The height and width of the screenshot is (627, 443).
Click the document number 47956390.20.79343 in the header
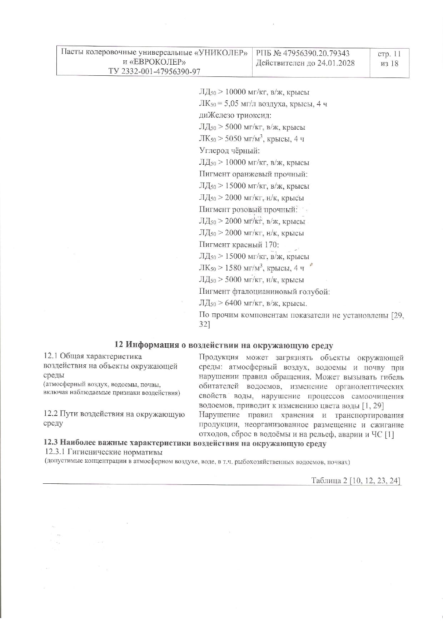pyautogui.click(x=316, y=54)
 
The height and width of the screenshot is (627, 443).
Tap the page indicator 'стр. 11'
pyautogui.click(x=389, y=54)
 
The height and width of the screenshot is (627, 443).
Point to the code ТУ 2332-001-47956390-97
pyautogui.click(x=154, y=71)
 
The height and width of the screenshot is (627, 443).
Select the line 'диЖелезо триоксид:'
pyautogui.click(x=235, y=116)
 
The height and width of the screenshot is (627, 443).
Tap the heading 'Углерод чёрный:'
pyautogui.click(x=229, y=151)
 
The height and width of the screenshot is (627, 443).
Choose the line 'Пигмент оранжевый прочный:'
pyautogui.click(x=253, y=174)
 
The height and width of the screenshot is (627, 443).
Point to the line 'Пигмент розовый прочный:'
pyautogui.click(x=248, y=210)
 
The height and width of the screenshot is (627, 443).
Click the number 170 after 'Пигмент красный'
pyautogui.click(x=271, y=245)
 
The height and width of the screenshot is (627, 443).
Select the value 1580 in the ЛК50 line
pyautogui.click(x=233, y=268)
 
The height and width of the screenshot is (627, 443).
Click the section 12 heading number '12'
pyautogui.click(x=119, y=345)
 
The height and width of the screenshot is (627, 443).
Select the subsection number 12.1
pyautogui.click(x=50, y=356)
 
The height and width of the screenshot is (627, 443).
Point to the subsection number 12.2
pyautogui.click(x=50, y=414)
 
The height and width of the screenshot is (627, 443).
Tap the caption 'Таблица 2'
pyautogui.click(x=329, y=481)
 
